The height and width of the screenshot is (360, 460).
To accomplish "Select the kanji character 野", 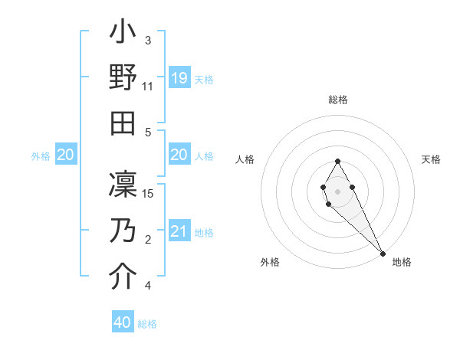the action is coord(123,78).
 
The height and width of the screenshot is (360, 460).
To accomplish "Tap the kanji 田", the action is coord(123,123).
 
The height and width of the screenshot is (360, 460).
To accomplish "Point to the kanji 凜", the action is coord(123,185).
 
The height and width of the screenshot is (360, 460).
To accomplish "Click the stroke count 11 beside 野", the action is coord(148,87).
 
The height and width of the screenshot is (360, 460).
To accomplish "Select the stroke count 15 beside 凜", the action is coord(149,194).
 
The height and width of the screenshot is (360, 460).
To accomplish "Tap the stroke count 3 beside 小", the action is coord(148,40).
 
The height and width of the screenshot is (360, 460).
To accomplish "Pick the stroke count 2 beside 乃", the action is coord(148,241).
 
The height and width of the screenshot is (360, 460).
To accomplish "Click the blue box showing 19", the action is coord(179,78).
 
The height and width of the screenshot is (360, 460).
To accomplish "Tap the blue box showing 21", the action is coord(179,232).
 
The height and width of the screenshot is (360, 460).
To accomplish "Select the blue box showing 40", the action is coord(123,322).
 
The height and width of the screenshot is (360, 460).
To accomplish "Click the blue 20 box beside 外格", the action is coord(65,155).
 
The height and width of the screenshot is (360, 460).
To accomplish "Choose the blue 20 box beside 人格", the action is coord(179,155).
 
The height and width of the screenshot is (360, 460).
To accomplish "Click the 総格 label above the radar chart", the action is coord(337,100).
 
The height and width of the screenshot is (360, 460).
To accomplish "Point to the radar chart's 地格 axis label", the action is coord(402,262).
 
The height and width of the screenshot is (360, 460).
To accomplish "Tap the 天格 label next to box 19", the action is coord(204,79).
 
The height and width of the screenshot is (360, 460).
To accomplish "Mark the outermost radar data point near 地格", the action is coord(383,253).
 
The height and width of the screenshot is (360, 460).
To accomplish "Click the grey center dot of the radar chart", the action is coord(337,191).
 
